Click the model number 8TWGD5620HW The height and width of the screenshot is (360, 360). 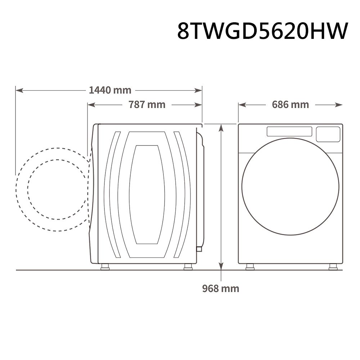(263, 31)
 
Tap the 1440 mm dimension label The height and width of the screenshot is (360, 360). (110, 90)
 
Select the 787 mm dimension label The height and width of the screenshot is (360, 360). (147, 105)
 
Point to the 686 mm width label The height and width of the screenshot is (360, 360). (291, 105)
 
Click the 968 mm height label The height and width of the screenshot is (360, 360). (221, 289)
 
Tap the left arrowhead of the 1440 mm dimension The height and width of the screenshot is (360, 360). (19, 90)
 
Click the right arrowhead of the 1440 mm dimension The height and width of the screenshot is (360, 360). (198, 90)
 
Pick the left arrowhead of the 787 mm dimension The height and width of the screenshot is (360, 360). (91, 105)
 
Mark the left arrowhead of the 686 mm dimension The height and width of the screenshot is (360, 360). (242, 105)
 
